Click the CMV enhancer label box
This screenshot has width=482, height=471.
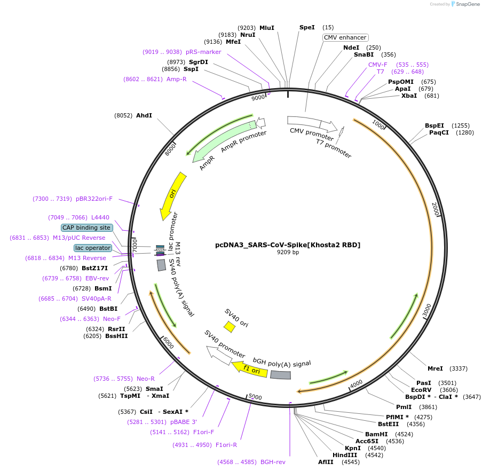coord(345,37)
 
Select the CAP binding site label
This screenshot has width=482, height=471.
coord(86,227)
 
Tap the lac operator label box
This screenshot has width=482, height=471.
coord(93,248)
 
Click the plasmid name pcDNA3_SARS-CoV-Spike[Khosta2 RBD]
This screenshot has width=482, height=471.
coord(288,245)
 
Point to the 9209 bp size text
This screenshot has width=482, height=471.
coord(288,253)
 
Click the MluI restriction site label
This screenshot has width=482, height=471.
coord(266,28)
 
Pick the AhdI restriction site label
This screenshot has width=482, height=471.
coord(144,115)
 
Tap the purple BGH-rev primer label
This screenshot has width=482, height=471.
coord(273,462)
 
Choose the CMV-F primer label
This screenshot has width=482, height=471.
coord(378,65)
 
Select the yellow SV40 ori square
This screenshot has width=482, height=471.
coord(230,326)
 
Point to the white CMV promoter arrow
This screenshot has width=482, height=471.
coord(312,123)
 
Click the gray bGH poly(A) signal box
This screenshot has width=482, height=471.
coord(281,375)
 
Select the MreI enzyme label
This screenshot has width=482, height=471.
coord(435,368)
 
